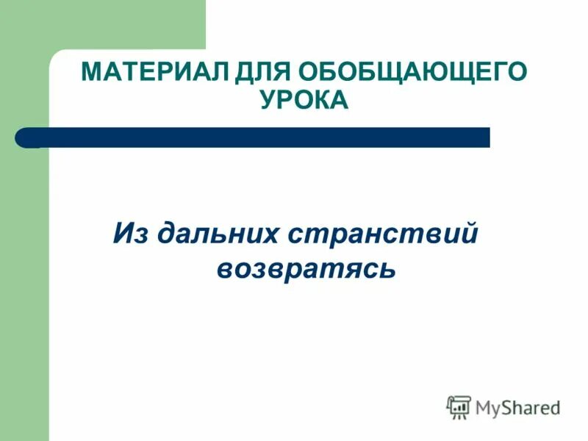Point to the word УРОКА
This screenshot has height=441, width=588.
click(304, 101)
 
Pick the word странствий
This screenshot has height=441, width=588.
click(383, 235)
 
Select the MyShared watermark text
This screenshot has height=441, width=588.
click(518, 407)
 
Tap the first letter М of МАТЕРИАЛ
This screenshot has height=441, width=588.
click(91, 73)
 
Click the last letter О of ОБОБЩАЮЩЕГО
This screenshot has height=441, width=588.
click(518, 73)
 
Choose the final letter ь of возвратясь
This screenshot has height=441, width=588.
click(389, 269)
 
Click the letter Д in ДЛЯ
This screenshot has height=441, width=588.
click(240, 73)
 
